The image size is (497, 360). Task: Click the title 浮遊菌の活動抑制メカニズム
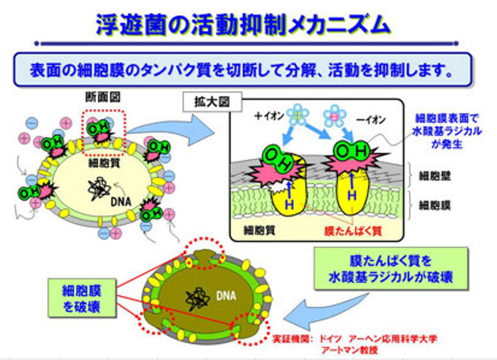[243, 24]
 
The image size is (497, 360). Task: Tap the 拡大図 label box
[212, 102]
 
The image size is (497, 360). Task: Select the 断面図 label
[103, 97]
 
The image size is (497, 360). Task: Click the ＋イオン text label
[269, 116]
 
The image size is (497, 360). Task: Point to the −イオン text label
[371, 120]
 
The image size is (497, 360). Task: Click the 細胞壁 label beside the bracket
[434, 176]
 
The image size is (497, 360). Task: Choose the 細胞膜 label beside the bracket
[434, 205]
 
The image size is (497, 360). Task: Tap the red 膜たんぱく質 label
[353, 231]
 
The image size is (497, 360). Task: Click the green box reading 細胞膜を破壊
[82, 298]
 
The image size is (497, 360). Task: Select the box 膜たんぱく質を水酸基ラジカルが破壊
[391, 269]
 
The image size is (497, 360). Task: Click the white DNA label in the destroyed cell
[226, 296]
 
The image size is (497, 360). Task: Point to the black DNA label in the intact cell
[121, 202]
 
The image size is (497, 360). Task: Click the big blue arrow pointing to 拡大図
[173, 130]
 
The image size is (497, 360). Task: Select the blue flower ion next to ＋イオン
[298, 114]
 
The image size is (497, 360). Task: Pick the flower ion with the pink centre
[334, 116]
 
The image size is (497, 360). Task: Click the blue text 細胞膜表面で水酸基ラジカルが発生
[447, 131]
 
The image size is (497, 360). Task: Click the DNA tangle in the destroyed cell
[197, 299]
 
